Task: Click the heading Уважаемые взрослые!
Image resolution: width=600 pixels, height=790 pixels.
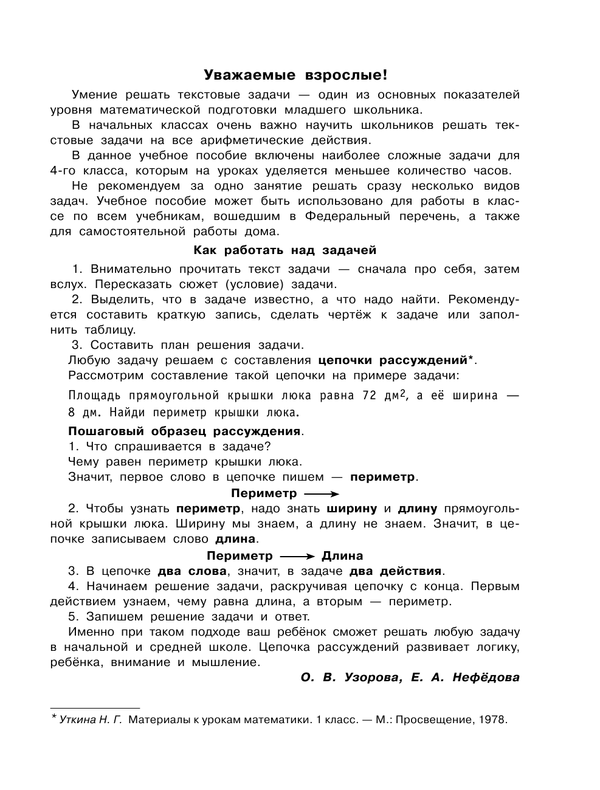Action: tap(295, 75)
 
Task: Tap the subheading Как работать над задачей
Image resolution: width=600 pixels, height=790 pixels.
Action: tap(284, 250)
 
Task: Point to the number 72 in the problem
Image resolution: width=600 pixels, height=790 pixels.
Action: tap(370, 396)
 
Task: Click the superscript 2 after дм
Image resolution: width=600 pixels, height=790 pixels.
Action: tap(402, 393)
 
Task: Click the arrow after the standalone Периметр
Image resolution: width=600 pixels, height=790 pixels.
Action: tap(321, 493)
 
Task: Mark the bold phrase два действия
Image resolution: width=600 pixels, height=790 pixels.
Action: tap(396, 571)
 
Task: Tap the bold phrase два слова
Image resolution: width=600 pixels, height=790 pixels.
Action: tap(191, 571)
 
